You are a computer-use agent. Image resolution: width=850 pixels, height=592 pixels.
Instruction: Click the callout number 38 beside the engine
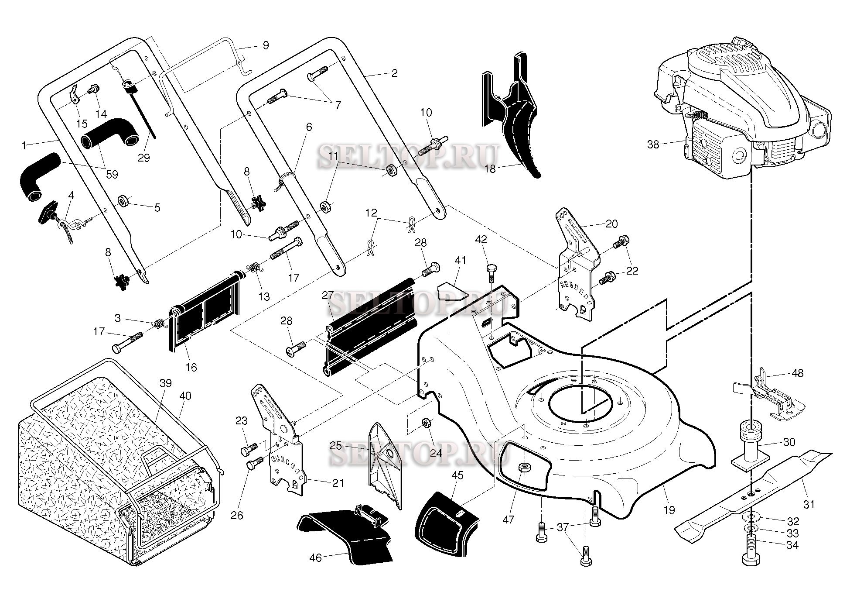[653, 145]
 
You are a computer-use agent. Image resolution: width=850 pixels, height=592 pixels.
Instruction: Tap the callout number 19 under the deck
[669, 510]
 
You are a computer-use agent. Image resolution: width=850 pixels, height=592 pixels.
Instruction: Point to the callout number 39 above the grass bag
[166, 383]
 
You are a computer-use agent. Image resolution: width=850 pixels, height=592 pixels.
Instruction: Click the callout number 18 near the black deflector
[490, 169]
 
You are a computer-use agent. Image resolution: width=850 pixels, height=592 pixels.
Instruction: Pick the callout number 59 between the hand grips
[112, 174]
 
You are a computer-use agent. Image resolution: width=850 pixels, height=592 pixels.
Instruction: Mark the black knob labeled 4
[47, 212]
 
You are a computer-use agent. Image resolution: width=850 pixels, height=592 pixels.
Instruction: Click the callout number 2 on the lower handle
[394, 73]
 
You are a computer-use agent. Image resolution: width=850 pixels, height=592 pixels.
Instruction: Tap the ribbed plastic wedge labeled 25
[385, 463]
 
